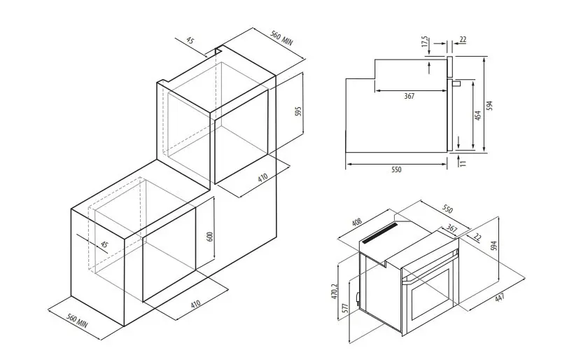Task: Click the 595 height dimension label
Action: click(298, 111)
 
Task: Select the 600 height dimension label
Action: click(210, 237)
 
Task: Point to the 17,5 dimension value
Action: click(425, 41)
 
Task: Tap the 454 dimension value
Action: click(477, 116)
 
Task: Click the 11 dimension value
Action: click(463, 163)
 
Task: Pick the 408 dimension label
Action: click(356, 222)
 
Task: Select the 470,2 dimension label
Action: click(335, 292)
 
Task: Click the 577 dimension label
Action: click(344, 307)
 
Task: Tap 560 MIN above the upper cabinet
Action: click(281, 38)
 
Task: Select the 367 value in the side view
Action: click(409, 96)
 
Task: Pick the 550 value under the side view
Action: click(396, 169)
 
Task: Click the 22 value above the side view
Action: click(463, 39)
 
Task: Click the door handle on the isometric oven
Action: click(430, 269)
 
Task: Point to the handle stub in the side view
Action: click(456, 83)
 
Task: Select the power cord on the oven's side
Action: click(356, 298)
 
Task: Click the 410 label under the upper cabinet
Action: click(262, 178)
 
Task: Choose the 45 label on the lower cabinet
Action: click(104, 244)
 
